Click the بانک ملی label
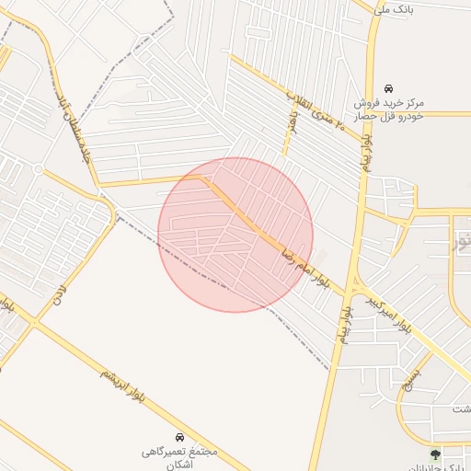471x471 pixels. pyautogui.click(x=396, y=8)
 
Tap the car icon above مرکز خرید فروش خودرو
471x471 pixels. pyautogui.click(x=387, y=87)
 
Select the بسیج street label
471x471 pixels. pyautogui.click(x=415, y=374)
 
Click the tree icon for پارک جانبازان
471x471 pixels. pyautogui.click(x=435, y=454)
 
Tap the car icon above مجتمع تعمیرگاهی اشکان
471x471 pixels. pyautogui.click(x=179, y=435)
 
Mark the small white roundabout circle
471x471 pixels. pyautogui.click(x=38, y=169)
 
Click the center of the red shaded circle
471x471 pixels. pyautogui.click(x=235, y=235)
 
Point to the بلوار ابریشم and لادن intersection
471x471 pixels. pyautogui.click(x=35, y=321)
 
